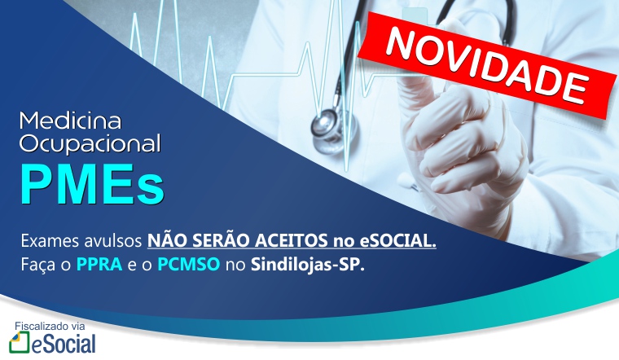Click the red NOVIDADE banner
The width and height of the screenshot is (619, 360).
[488, 65]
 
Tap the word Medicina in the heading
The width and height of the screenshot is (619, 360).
[70, 121]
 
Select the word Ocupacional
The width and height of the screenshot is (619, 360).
[90, 143]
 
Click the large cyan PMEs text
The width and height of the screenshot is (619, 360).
[92, 184]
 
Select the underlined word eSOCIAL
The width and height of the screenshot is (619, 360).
[398, 240]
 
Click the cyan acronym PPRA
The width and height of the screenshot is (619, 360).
[99, 264]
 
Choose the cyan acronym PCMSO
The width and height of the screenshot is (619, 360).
[189, 264]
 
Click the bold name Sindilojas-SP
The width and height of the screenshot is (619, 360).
[308, 264]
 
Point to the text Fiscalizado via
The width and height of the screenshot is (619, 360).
[50, 327]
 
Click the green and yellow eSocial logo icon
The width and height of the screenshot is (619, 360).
[20, 342]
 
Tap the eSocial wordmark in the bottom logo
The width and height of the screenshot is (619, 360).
[64, 344]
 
